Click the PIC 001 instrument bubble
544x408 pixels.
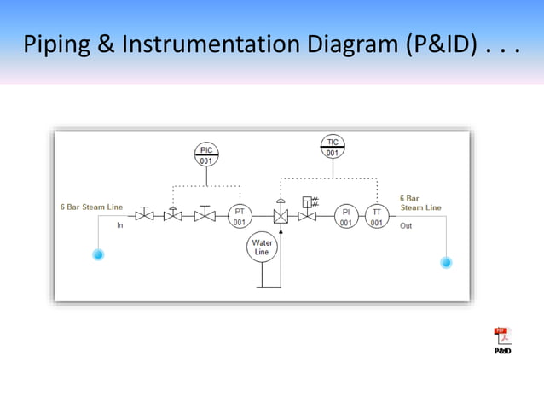pyautogui.click(x=206, y=154)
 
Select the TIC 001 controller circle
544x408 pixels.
pyautogui.click(x=333, y=147)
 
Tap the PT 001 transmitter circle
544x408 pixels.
pyautogui.click(x=240, y=216)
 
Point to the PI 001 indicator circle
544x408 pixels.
pyautogui.click(x=345, y=216)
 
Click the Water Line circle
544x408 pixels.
pyautogui.click(x=261, y=248)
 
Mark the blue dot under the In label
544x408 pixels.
pyautogui.click(x=98, y=254)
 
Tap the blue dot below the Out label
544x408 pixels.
pyautogui.click(x=446, y=262)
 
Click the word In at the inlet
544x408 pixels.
pyautogui.click(x=120, y=225)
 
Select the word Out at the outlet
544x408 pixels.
pyautogui.click(x=406, y=226)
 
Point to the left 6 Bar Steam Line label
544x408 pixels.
pyautogui.click(x=91, y=207)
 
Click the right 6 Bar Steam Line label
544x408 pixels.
pyautogui.click(x=420, y=203)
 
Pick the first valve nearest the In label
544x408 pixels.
pyautogui.click(x=145, y=216)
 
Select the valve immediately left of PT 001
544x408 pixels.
pyautogui.click(x=205, y=216)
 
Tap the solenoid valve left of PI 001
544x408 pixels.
pyautogui.click(x=307, y=216)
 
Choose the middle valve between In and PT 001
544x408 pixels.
pyautogui.click(x=173, y=216)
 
